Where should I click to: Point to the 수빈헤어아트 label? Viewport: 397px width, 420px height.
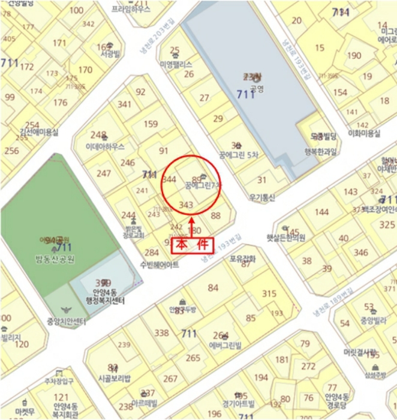[159, 265]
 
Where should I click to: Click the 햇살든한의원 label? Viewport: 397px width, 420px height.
[285, 237]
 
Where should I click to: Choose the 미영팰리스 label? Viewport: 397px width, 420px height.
[175, 64]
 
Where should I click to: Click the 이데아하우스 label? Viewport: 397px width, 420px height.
[105, 146]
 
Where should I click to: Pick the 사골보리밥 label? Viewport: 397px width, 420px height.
[114, 379]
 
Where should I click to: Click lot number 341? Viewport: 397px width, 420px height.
[124, 104]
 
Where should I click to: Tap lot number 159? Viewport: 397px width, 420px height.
[151, 125]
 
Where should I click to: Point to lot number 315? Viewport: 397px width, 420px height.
[269, 293]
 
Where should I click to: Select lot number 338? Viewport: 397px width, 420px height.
[162, 333]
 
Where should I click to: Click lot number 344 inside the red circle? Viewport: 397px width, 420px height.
[169, 179]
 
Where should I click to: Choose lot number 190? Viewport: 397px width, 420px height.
[354, 56]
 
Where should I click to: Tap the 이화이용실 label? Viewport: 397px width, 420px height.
[364, 133]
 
